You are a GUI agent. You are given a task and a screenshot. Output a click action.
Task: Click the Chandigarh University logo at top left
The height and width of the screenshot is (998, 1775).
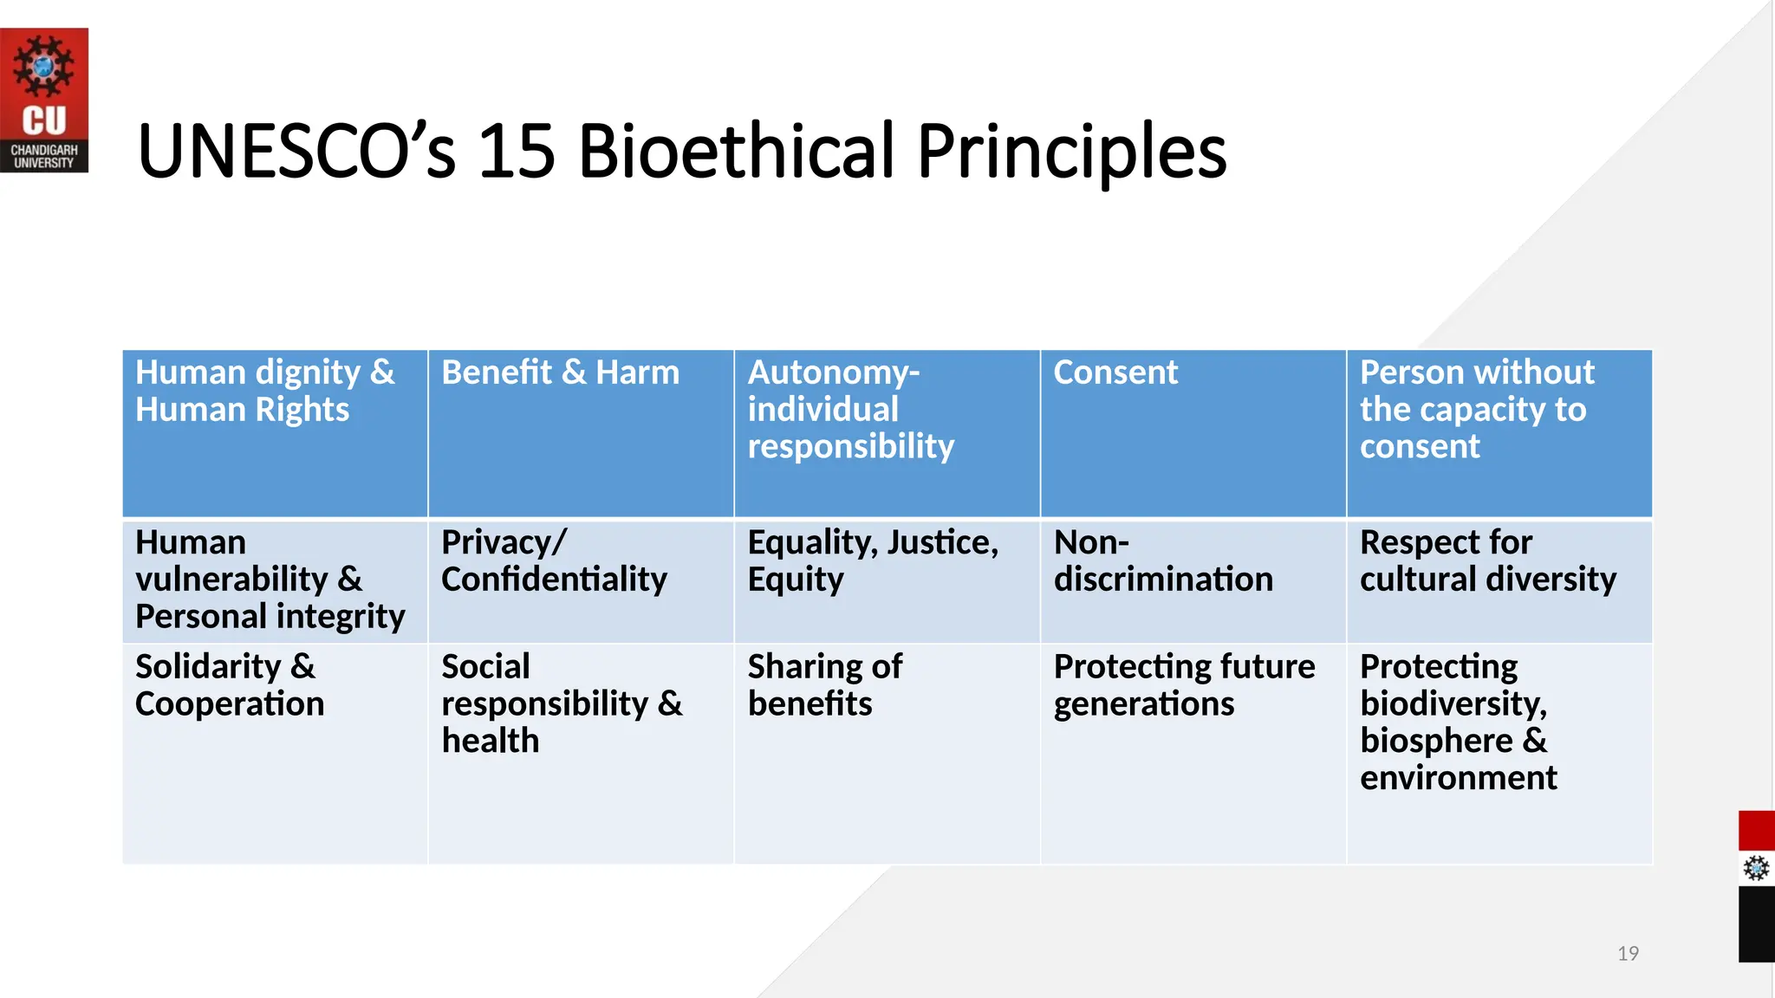point(43,100)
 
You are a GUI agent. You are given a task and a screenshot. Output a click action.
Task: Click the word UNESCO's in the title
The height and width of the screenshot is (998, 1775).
point(296,152)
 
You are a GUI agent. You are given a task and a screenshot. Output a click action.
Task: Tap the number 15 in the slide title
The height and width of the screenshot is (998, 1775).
point(516,152)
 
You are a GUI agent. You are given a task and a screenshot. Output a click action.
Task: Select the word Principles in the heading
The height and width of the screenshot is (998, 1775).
point(1071,152)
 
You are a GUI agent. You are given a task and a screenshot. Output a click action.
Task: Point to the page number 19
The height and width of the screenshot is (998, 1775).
point(1628,954)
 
